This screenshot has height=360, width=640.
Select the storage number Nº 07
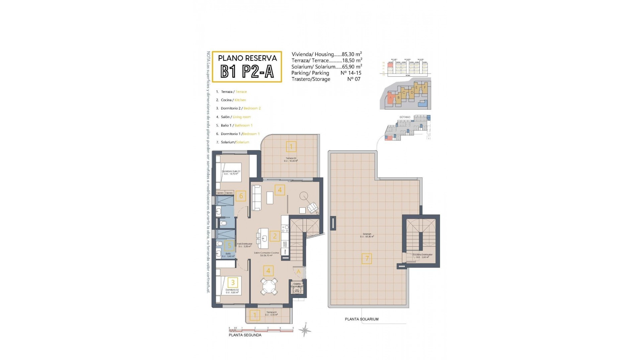[354, 79]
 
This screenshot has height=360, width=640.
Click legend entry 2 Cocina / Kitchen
[233, 100]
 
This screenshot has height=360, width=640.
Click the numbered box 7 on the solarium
[367, 258]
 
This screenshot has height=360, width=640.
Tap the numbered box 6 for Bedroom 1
[241, 196]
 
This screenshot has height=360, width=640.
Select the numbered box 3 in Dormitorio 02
[233, 283]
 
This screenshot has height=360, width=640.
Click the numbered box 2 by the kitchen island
[275, 236]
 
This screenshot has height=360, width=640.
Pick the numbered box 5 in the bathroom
[229, 246]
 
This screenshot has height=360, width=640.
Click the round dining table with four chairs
[269, 286]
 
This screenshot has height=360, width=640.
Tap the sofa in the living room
[256, 198]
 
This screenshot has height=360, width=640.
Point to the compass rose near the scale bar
[305, 330]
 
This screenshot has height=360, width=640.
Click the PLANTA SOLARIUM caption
[361, 319]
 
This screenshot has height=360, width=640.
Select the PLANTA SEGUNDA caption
[245, 335]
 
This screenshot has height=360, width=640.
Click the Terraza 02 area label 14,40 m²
[291, 161]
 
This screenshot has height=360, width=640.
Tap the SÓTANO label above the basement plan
[404, 117]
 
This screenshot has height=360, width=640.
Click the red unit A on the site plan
[390, 98]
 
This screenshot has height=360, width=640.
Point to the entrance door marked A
[298, 272]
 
